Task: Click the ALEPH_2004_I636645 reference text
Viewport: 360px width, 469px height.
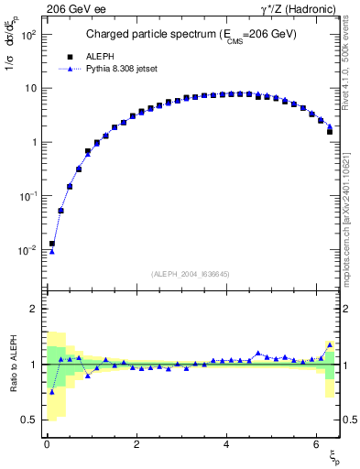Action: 190,274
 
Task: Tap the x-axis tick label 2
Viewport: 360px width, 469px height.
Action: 136,445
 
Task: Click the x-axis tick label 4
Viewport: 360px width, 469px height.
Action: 225,445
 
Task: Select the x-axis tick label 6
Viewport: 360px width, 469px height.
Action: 315,445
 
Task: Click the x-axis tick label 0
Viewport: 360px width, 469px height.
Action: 47,445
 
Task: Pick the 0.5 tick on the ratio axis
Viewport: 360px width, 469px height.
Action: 29,420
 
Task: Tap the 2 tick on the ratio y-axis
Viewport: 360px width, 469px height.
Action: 34,309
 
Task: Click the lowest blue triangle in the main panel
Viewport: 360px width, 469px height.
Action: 52,251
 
